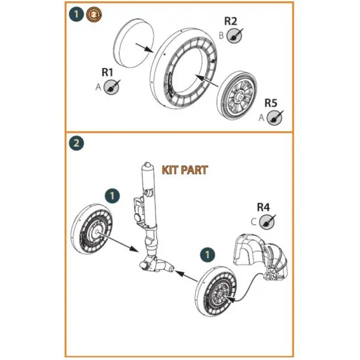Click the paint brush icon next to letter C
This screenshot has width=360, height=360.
[x=268, y=223]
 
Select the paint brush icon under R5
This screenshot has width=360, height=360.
[x=277, y=117]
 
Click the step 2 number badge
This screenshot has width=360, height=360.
[x=77, y=142]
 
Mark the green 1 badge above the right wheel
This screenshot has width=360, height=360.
[x=207, y=252]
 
